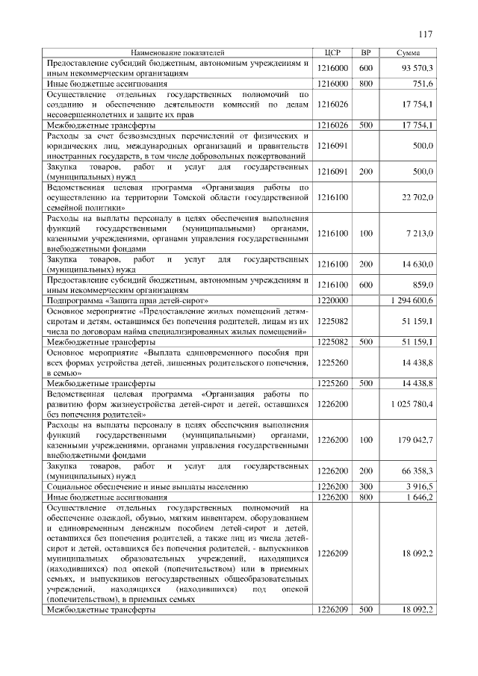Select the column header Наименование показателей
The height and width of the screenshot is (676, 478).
(x=177, y=53)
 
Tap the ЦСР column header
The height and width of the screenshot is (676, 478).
(x=333, y=53)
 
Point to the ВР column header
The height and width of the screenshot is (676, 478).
(x=366, y=53)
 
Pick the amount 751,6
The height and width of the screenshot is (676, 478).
(x=423, y=84)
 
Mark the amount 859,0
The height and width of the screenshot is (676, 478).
(x=423, y=285)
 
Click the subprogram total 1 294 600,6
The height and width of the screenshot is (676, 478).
(x=412, y=300)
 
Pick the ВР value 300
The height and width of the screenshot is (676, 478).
(x=366, y=486)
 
